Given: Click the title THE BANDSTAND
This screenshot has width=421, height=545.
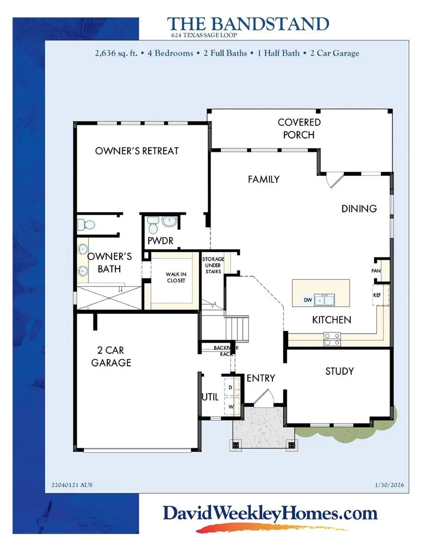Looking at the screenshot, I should click(x=248, y=24).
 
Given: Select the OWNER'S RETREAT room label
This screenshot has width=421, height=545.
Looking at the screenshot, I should click(x=137, y=151).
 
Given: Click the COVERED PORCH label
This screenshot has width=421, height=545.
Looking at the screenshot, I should click(x=299, y=129).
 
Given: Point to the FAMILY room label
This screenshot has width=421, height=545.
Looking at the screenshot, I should click(x=263, y=179).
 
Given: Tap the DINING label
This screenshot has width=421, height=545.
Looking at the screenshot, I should click(x=359, y=208).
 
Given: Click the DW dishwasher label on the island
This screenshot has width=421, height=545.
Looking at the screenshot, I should click(x=308, y=300).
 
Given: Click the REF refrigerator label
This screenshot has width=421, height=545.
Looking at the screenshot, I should click(x=377, y=295).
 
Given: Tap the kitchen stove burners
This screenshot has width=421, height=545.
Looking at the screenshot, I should click(x=332, y=339).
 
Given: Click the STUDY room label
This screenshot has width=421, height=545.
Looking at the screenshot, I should click(x=340, y=371).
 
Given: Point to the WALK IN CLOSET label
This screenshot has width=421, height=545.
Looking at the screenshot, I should click(x=176, y=278).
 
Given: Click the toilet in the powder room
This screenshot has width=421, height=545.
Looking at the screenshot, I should click(x=152, y=227).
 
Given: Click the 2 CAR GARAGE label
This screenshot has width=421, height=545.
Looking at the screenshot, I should click(x=111, y=356).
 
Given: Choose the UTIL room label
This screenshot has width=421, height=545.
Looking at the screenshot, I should click(x=210, y=397).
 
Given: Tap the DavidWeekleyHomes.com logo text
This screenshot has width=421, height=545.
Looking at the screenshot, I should click(x=270, y=514).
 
